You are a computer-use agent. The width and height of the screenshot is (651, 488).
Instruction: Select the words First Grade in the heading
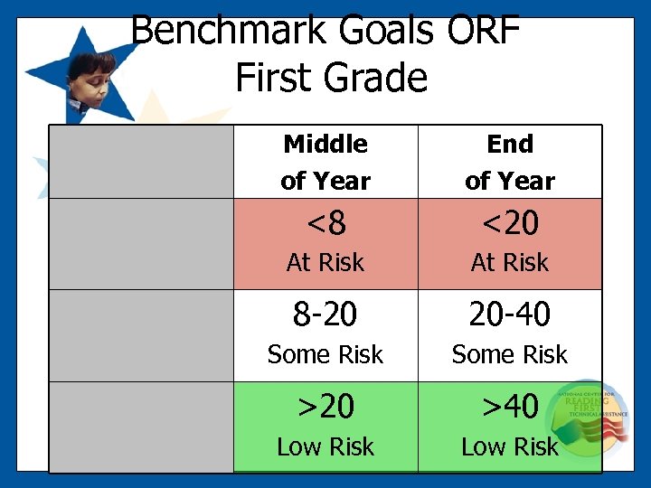click(x=331, y=78)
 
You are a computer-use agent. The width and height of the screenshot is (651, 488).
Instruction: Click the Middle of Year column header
click(x=325, y=163)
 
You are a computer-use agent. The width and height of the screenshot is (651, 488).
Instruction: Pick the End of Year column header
click(x=510, y=163)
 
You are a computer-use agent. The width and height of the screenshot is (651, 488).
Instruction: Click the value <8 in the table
click(x=325, y=222)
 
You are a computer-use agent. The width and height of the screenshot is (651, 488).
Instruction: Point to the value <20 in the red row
click(x=510, y=222)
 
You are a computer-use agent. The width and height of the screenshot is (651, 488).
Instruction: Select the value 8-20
click(x=325, y=314)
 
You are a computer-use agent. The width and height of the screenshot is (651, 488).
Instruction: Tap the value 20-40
click(x=510, y=314)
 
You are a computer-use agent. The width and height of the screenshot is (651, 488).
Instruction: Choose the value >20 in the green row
click(x=325, y=407)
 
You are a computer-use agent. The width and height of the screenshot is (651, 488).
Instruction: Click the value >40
click(x=510, y=407)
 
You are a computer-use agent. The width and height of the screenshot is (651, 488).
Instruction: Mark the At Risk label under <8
click(x=325, y=263)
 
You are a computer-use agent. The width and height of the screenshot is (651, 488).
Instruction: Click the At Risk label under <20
click(x=510, y=263)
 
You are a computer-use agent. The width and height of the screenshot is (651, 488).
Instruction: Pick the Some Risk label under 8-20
click(x=325, y=355)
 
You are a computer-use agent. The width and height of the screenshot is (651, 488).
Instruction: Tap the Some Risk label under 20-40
click(x=510, y=355)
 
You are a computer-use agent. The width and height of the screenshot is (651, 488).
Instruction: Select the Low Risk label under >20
click(x=325, y=447)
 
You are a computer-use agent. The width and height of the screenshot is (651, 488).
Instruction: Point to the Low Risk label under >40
click(x=510, y=447)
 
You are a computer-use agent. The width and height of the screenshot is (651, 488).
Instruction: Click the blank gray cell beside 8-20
click(x=141, y=334)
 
